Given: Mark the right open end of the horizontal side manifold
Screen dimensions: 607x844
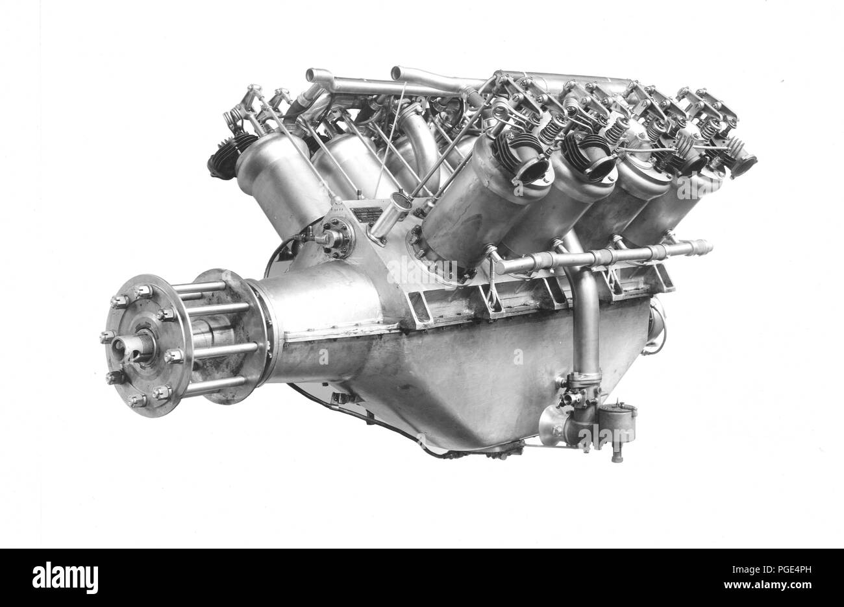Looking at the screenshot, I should [x=704, y=246].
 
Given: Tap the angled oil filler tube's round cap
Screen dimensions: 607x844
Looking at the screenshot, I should [x=401, y=200].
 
